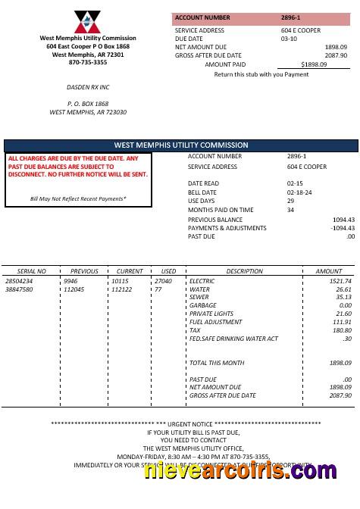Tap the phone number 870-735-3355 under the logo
point(88,62)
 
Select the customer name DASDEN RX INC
point(88,87)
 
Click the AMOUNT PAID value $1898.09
point(314,64)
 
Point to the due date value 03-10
point(289,38)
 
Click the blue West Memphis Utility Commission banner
point(180,145)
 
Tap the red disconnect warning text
point(78,167)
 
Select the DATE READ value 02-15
point(295,183)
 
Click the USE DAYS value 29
point(290,201)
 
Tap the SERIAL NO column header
point(32,270)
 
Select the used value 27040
point(163,281)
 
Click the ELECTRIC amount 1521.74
point(340,281)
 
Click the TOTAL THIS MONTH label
point(217,363)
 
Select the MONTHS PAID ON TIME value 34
point(290,210)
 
